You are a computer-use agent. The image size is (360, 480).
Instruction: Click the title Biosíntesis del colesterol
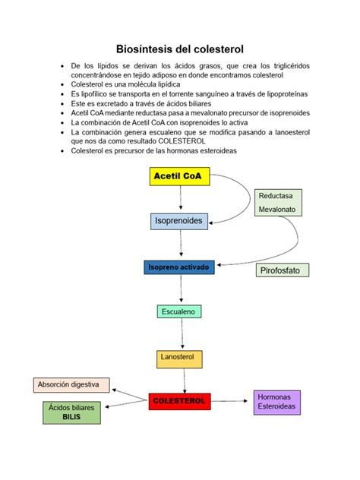pos(180,48)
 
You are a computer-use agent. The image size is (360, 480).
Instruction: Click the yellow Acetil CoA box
pos(180,176)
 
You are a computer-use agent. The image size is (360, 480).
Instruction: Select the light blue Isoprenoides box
pos(179,220)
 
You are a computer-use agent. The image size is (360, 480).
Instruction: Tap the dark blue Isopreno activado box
pos(180,267)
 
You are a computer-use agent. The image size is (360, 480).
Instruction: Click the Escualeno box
pos(179,311)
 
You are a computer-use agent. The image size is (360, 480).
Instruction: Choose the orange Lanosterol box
pos(179,356)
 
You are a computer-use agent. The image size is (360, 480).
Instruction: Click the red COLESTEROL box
pos(179,400)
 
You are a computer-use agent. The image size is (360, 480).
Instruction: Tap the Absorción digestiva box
pos(72,385)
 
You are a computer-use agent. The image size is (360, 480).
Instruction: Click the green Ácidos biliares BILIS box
pos(71,412)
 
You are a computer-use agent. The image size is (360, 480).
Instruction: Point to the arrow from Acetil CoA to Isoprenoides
pos(180,199)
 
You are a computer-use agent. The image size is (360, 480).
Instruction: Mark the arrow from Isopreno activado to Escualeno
pos(180,289)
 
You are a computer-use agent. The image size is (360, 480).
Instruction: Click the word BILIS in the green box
pos(71,418)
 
